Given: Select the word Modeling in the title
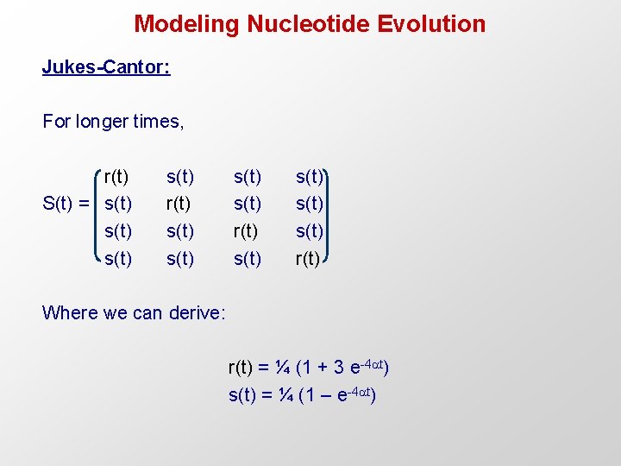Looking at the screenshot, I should pos(187,23).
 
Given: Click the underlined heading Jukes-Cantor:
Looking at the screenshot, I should pos(106,67).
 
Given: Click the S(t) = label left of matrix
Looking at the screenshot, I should pos(66,205).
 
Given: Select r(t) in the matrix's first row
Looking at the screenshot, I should pos(117,178).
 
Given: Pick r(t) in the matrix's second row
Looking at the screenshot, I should pos(179,205).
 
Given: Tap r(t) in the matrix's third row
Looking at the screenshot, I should pos(248,231).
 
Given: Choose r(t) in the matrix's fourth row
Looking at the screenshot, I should pos(308,258).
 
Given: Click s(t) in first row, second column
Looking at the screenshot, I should pos(179,178).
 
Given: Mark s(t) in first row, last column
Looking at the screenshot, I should pos(310,178).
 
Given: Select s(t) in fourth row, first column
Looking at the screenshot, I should pos(117,258).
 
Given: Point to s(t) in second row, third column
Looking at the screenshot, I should pos(248,205).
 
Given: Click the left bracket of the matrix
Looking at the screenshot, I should pos(97,217).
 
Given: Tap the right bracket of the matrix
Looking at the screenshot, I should pos(328,217).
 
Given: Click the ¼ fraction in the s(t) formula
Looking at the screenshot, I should pos(281,395).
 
